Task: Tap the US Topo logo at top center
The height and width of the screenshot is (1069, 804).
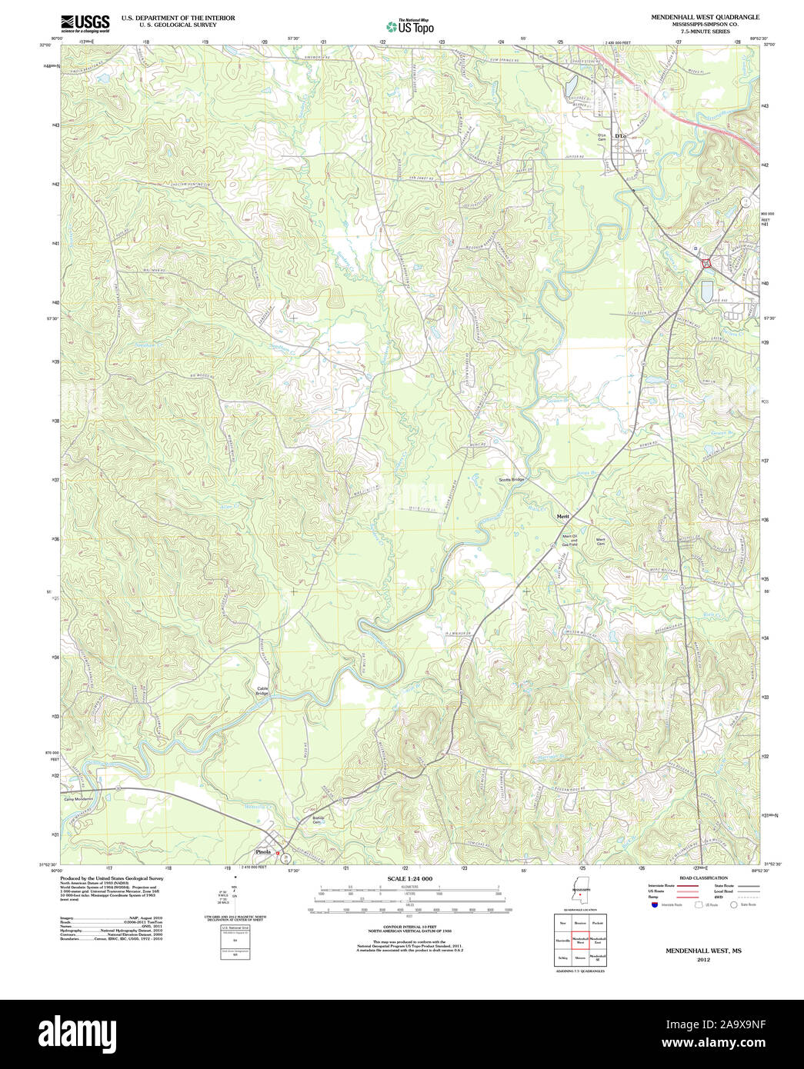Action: point(410,26)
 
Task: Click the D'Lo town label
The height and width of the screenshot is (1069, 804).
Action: point(620,136)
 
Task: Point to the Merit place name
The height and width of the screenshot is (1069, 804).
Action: point(563,516)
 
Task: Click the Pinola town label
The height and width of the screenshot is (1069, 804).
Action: point(263,852)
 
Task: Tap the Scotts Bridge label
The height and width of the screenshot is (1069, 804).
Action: point(511,480)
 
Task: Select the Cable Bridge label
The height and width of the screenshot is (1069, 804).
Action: point(262,691)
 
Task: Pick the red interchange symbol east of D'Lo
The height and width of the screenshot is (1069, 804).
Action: point(706,264)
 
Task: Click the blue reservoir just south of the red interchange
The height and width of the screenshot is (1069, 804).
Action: point(706,291)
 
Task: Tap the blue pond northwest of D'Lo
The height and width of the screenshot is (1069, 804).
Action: point(570,87)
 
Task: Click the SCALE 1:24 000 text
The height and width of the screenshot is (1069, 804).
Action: point(409,878)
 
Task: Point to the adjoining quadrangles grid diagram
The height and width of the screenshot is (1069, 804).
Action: point(580,940)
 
